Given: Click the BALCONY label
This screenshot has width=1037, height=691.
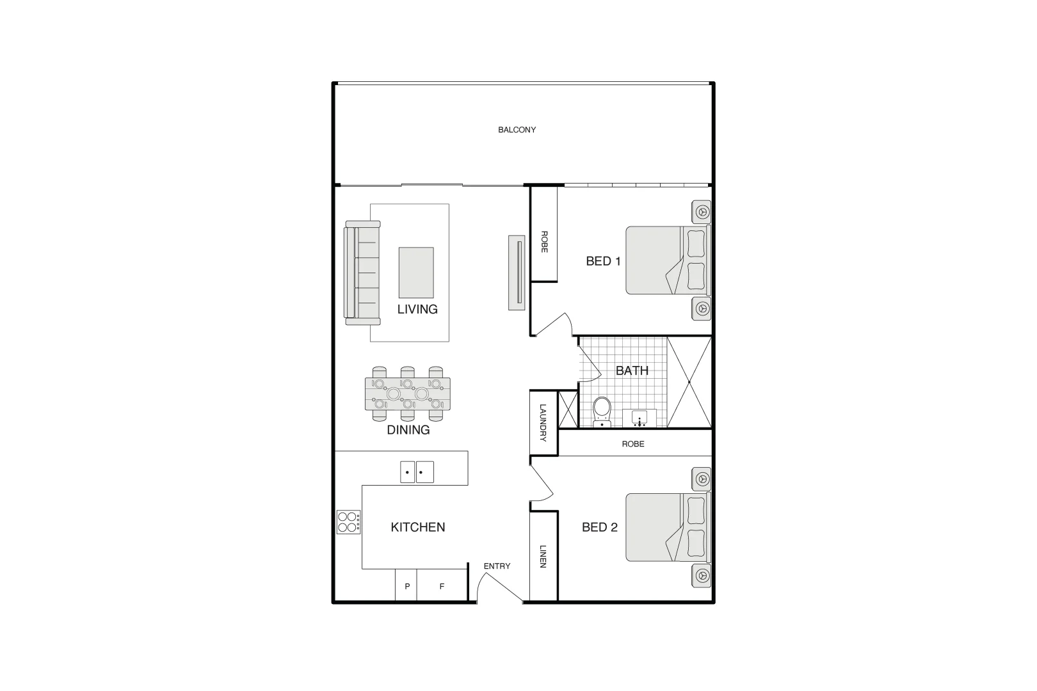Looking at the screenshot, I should pos(517,130).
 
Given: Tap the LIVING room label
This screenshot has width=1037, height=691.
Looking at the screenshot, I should pos(417,309).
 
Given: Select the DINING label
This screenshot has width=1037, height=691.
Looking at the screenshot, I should pos(408,430).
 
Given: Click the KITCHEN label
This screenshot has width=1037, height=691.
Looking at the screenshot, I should pos(417,527).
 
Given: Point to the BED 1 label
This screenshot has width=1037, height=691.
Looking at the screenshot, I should pos(603,261).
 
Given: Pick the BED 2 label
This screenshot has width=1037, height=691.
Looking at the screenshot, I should pos(599,527).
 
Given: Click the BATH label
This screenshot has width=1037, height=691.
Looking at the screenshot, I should pos(632,370).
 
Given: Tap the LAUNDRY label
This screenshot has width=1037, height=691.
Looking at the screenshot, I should pos(543,422).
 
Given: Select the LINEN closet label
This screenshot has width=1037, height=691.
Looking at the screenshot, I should pos(543,556).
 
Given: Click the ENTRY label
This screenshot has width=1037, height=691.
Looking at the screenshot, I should pos(497,566).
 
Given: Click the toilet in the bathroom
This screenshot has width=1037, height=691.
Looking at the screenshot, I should pos(602,410).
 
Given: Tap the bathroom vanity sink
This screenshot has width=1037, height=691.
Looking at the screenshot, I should pos(640,418).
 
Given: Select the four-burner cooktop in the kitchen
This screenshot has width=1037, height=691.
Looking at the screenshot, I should pos(348,522).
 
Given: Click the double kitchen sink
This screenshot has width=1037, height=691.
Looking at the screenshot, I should pos(417,472).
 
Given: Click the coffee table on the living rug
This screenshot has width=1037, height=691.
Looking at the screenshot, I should pos(416,273).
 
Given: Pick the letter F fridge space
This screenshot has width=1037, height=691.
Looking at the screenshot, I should pos(441,586).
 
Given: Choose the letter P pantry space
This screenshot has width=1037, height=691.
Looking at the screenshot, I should pos(406,586).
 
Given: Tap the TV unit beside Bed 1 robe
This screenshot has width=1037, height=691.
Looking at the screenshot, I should pos(517,273).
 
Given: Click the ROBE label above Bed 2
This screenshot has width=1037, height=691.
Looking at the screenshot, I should pos(632,443).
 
